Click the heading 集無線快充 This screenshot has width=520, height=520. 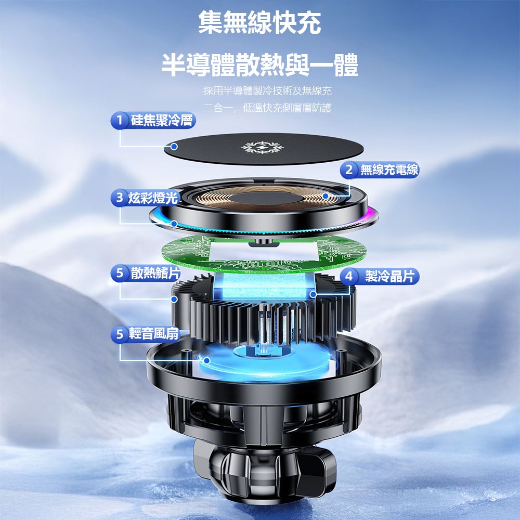click(259, 22)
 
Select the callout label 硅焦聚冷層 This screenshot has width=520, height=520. click(162, 120)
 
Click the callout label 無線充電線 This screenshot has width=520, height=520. click(389, 170)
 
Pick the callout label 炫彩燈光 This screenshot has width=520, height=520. click(153, 198)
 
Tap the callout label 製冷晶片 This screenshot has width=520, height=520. click(389, 276)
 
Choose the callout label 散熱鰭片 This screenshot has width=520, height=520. click(155, 273)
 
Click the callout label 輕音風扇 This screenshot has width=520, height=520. click(154, 334)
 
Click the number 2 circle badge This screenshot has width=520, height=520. click(348, 170)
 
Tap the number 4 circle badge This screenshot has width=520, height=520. click(349, 276)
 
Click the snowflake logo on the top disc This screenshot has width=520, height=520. click(262, 147)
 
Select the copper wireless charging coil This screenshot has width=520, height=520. click(263, 198)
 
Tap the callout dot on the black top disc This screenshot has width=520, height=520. click(174, 146)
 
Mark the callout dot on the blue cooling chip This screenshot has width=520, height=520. click(313, 294)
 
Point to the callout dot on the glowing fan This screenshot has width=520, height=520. click(206, 360)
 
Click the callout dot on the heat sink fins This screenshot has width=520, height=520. click(174, 299)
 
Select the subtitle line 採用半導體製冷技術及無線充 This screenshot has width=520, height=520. click(267, 90)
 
